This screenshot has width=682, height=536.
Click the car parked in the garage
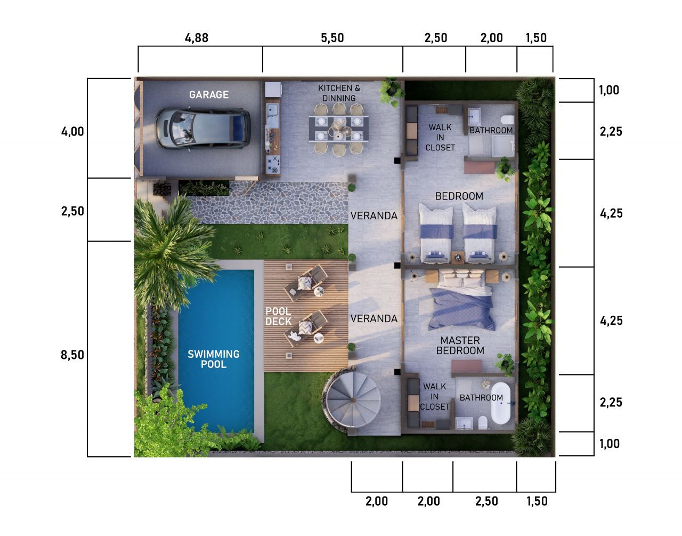[x=202, y=129]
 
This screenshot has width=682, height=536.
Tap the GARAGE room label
[x=209, y=94]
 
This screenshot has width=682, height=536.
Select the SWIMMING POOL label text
[x=214, y=359]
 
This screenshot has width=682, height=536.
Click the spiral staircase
[x=353, y=399]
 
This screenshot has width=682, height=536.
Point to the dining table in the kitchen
[x=339, y=129]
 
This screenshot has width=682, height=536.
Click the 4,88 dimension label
[x=197, y=38]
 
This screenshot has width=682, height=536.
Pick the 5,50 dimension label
[x=332, y=38]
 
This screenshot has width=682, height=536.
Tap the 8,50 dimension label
[x=72, y=355]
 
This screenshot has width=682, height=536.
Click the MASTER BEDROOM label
[x=460, y=346]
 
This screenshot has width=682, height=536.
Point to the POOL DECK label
[x=278, y=316]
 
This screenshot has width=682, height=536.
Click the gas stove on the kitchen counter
[x=272, y=165]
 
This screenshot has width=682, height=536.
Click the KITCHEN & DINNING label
[x=339, y=93]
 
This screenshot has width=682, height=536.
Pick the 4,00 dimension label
[x=72, y=131]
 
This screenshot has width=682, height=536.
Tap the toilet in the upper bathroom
[x=507, y=120]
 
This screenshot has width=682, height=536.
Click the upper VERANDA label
[x=374, y=215]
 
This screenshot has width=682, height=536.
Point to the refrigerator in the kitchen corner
[x=273, y=90]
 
